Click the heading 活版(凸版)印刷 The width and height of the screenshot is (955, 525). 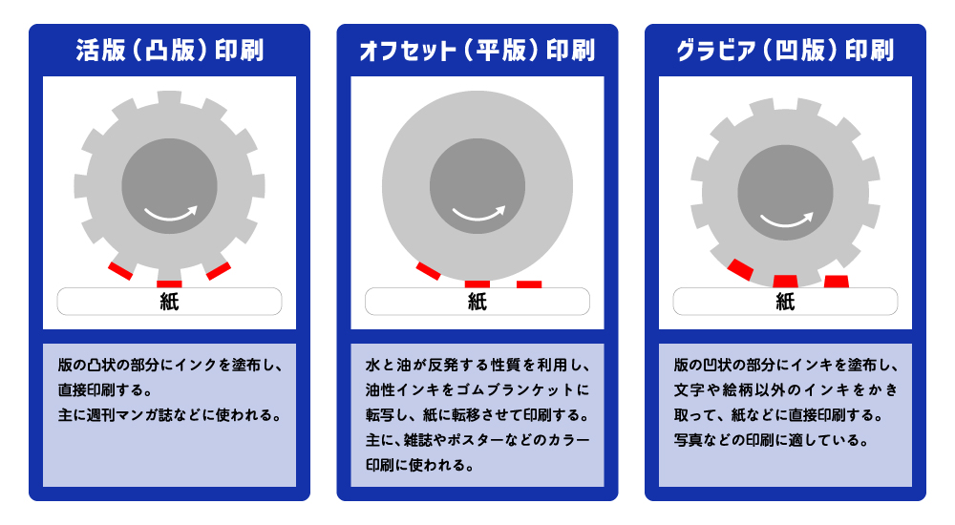(169, 50)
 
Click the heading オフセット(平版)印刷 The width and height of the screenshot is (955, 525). (477, 50)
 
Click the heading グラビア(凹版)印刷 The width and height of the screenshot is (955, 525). (785, 50)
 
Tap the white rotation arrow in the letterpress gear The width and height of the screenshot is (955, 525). (171, 214)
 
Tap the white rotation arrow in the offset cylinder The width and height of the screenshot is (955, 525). (478, 214)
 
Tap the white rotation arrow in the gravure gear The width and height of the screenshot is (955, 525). (787, 220)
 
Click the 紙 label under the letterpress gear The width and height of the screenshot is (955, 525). (169, 302)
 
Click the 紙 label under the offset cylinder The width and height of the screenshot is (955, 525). (477, 302)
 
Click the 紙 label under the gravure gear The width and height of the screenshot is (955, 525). (785, 302)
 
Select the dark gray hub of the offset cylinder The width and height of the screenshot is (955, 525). (477, 186)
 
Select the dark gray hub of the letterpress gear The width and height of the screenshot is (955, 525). (169, 186)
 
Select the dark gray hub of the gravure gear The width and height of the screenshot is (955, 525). (785, 193)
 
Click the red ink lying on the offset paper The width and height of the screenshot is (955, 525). (529, 284)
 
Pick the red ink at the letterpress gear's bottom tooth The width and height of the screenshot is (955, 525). (169, 283)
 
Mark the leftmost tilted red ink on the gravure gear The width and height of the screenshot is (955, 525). (741, 269)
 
